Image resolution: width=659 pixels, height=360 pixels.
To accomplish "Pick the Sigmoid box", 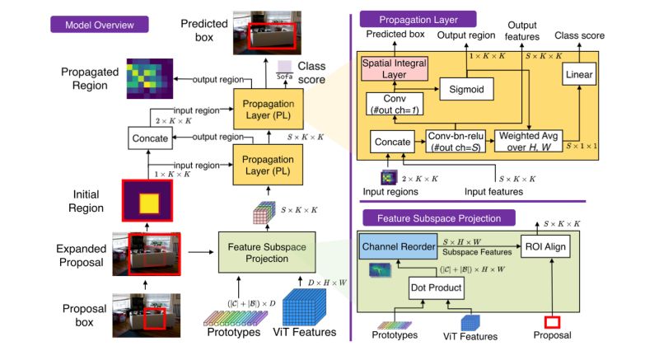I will click(465, 86).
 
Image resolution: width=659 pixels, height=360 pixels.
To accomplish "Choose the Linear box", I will click(579, 74).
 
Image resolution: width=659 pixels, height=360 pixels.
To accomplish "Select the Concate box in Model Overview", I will click(149, 138).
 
